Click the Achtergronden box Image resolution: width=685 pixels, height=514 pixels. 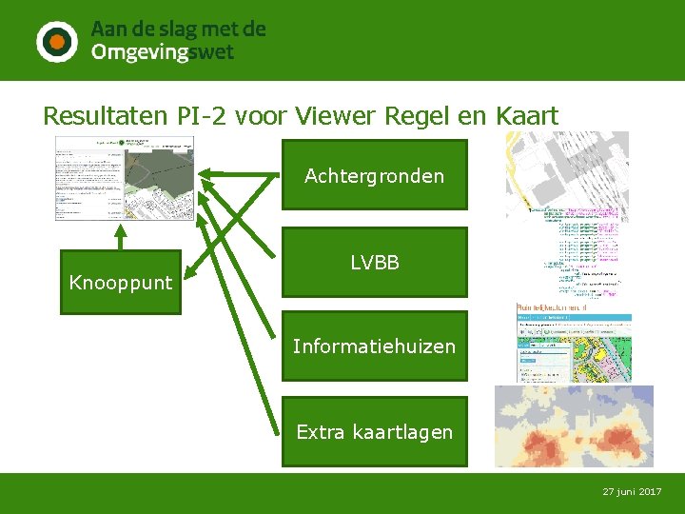point(374,175)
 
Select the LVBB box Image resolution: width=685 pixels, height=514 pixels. point(374,262)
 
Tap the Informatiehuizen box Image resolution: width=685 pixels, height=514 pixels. point(374,346)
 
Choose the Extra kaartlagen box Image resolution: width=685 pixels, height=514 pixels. point(374,432)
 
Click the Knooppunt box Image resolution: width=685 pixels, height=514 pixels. point(121,282)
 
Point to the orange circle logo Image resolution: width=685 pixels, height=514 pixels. point(57,41)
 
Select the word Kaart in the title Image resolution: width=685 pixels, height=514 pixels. point(527,116)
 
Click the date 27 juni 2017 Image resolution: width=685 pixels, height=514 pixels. point(632,491)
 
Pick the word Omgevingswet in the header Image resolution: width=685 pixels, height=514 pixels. point(162,53)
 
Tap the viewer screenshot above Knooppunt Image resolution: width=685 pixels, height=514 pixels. point(124,178)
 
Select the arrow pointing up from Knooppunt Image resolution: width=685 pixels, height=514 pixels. point(121,235)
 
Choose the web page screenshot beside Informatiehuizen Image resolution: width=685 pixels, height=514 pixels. point(573,343)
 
